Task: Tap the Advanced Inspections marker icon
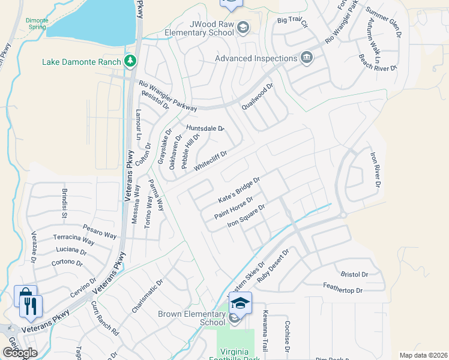307,58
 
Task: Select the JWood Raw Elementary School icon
243,27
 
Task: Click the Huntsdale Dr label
205,128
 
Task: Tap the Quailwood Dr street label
257,96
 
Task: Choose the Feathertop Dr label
343,290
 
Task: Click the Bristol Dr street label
354,274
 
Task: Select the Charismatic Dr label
148,295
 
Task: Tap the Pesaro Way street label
100,231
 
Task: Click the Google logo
20,353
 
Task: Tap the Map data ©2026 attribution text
423,355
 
